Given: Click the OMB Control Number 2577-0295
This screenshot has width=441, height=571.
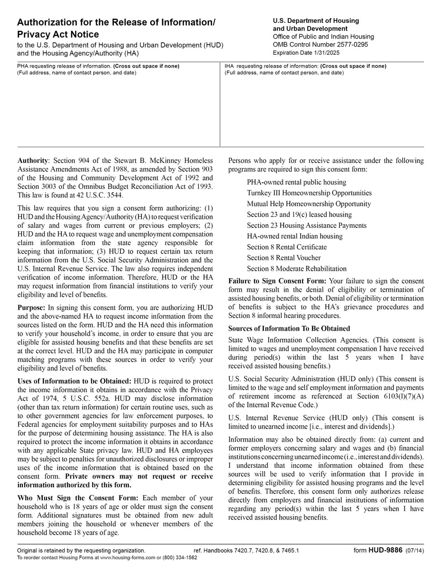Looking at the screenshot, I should coord(320,45).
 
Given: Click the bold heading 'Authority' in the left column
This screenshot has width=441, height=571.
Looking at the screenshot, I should coord(32,161).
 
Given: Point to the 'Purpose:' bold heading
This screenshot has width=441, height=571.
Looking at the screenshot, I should coord(31,308).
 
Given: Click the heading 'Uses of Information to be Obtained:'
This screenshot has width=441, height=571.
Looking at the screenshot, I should coord(74,381).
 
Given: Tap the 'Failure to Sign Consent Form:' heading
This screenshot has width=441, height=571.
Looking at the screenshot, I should coord(277,281).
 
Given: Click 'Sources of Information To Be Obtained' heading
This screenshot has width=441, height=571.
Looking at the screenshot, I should coord(289,328).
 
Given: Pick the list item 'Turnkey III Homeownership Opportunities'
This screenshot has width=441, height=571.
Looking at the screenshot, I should coord(309,193).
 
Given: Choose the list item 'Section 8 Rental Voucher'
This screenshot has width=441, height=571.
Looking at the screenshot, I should coord(284,257).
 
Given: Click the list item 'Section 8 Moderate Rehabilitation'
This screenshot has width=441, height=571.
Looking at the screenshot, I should coord(296,268).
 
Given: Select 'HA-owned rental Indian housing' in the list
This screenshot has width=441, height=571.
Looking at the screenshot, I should coord(294,236).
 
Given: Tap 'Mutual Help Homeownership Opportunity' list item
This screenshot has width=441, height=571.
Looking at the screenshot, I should coord(309,204).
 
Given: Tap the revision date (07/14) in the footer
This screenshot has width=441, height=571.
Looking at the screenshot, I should coord(414,551).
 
